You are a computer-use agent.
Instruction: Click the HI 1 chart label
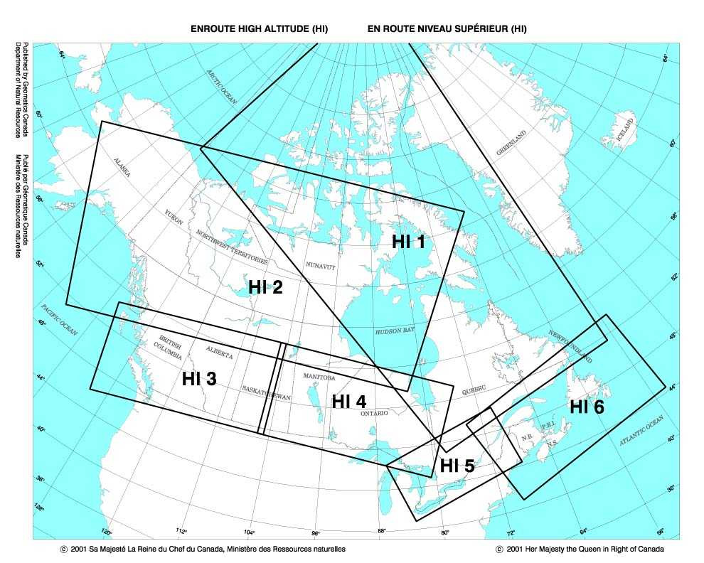(x=408, y=242)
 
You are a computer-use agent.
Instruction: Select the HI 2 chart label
(x=265, y=287)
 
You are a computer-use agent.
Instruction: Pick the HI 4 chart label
(x=349, y=401)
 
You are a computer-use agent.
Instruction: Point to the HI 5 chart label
(x=457, y=466)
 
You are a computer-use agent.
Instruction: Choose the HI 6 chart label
(x=587, y=407)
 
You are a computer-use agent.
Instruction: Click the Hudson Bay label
(x=395, y=331)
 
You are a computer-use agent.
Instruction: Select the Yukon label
(x=174, y=218)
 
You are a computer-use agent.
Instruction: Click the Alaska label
(x=122, y=170)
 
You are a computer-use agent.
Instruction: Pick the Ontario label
(x=375, y=413)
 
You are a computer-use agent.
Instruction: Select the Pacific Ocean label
(x=59, y=321)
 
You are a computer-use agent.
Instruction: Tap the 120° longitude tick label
(x=107, y=532)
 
